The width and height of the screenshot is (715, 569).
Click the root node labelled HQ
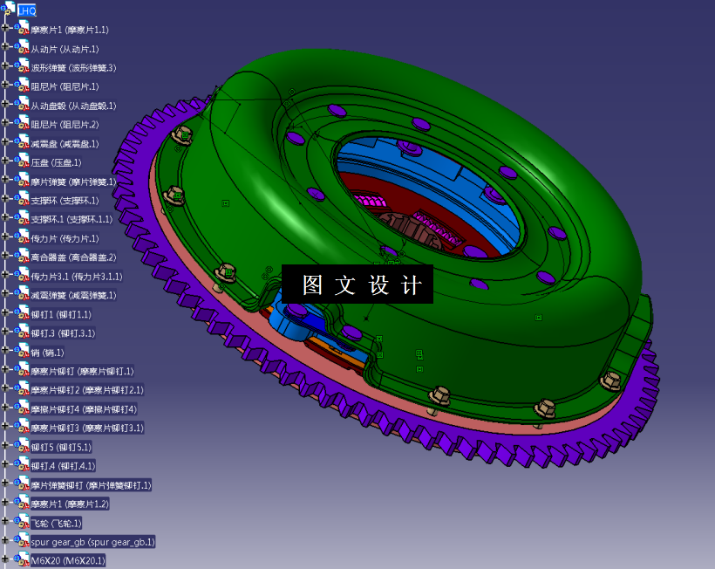pyautogui.click(x=27, y=10)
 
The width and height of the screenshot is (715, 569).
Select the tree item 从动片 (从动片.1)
pyautogui.click(x=65, y=49)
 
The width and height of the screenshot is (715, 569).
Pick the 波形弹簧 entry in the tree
pyautogui.click(x=73, y=68)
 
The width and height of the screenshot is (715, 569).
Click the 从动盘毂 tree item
pyautogui.click(x=73, y=106)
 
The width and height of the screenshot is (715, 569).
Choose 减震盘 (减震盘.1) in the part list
pyautogui.click(x=65, y=144)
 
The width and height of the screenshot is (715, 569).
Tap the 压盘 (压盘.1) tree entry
pyautogui.click(x=56, y=162)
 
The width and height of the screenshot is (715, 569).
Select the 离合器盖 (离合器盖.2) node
pyautogui.click(x=73, y=257)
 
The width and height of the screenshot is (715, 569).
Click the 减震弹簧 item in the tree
pyautogui.click(x=73, y=295)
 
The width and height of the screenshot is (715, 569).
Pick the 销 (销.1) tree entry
pyautogui.click(x=47, y=353)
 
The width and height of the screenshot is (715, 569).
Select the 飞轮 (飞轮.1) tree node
pyautogui.click(x=56, y=523)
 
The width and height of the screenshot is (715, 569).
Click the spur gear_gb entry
pyautogui.click(x=92, y=542)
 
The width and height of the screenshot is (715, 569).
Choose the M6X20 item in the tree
pyautogui.click(x=68, y=561)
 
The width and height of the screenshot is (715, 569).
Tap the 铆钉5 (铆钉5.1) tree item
pyautogui.click(x=61, y=447)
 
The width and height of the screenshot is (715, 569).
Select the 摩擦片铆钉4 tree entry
pyautogui.click(x=84, y=409)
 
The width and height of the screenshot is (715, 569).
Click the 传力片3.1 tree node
pyautogui.click(x=77, y=277)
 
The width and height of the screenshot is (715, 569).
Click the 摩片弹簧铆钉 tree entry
pyautogui.click(x=91, y=485)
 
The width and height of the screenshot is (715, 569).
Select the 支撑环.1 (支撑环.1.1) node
pyautogui.click(x=71, y=219)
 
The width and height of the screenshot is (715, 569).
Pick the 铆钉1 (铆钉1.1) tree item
pyautogui.click(x=61, y=314)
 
